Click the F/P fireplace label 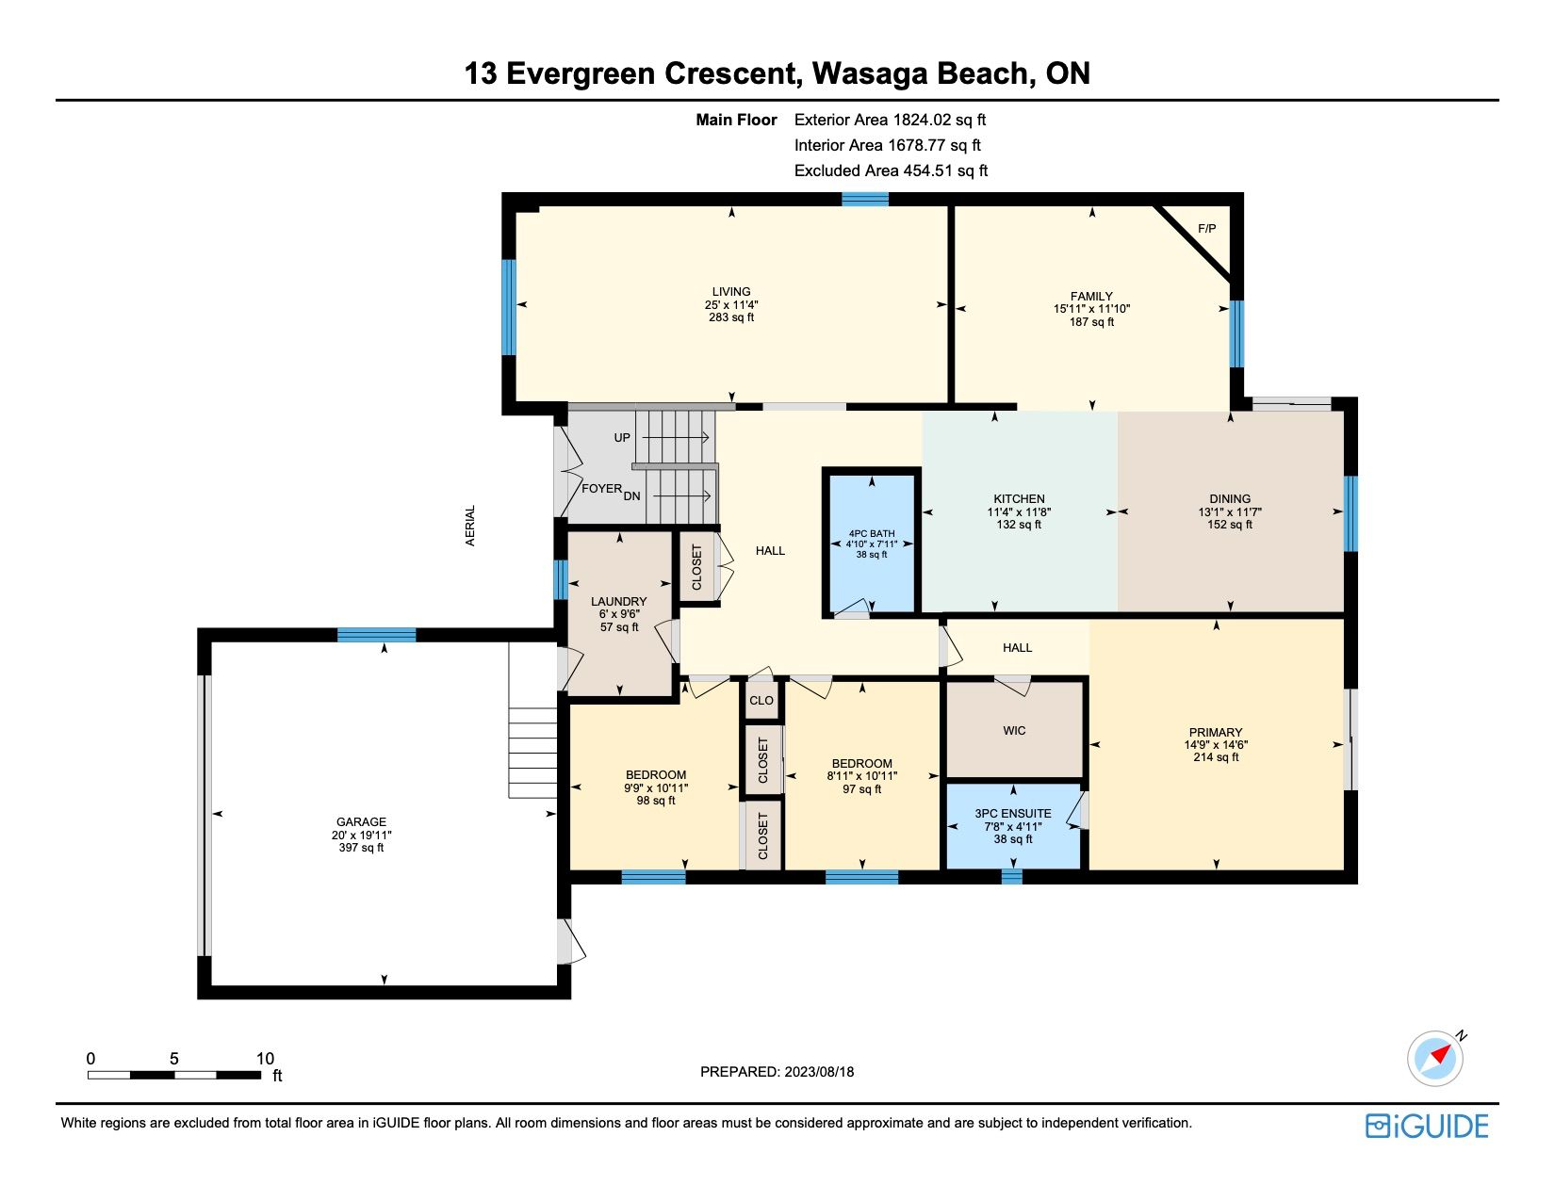(1206, 229)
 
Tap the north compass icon (1435, 1058)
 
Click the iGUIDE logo (1427, 1126)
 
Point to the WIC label (1014, 730)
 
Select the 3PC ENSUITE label (1012, 813)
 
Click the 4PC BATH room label (872, 533)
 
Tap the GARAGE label (361, 822)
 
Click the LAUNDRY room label (619, 602)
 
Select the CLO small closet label (761, 700)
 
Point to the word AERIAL (470, 526)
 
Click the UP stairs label (622, 438)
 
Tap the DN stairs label (631, 495)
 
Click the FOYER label (602, 489)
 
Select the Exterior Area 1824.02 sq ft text (891, 120)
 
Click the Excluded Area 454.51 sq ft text (891, 170)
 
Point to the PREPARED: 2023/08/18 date (777, 1072)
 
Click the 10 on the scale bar (265, 1059)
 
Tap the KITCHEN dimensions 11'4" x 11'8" (1019, 512)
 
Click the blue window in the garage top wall (376, 635)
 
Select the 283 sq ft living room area (731, 316)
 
